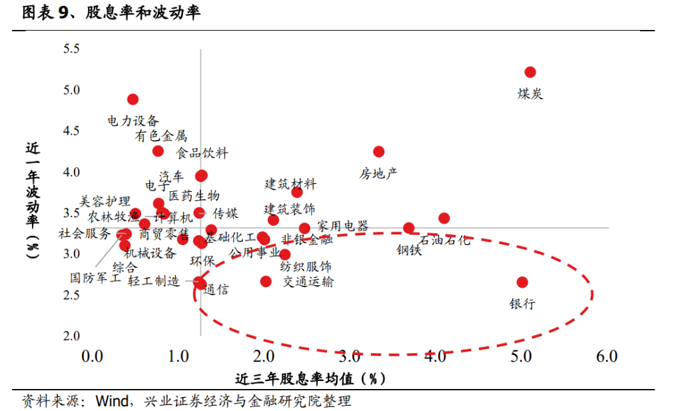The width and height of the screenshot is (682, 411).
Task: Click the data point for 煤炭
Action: pyautogui.click(x=530, y=72)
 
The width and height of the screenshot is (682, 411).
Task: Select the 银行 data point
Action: pyautogui.click(x=522, y=282)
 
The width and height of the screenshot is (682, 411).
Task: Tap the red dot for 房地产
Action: pyautogui.click(x=378, y=151)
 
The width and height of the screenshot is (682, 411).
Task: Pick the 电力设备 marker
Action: pyautogui.click(x=133, y=99)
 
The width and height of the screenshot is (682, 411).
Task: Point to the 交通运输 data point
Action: pyautogui.click(x=266, y=281)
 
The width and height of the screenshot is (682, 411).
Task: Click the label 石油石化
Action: pyautogui.click(x=445, y=240)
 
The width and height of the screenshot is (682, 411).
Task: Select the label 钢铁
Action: pyautogui.click(x=409, y=250)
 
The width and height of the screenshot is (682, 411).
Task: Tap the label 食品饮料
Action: pyautogui.click(x=202, y=153)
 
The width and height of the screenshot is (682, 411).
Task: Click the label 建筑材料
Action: pyautogui.click(x=290, y=185)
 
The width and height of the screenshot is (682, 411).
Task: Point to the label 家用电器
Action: pyautogui.click(x=342, y=226)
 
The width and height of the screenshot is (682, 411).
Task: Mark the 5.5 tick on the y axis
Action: pyautogui.click(x=71, y=49)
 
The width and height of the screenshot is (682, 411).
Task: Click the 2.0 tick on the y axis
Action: pyautogui.click(x=71, y=336)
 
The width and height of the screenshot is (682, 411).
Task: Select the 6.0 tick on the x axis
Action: pyautogui.click(x=607, y=356)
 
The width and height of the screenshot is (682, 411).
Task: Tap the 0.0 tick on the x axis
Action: pyautogui.click(x=92, y=356)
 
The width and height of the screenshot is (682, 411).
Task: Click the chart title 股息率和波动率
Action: pyautogui.click(x=143, y=13)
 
